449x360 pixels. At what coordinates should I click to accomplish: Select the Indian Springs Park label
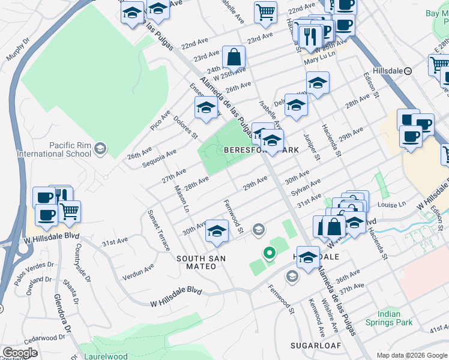(396, 318)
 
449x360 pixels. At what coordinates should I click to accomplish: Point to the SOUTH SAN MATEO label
(196, 262)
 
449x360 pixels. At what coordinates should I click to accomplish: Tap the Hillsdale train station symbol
(408, 70)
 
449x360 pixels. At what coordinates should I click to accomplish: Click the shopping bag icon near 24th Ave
(234, 58)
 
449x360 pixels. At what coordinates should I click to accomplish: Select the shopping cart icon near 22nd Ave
(265, 12)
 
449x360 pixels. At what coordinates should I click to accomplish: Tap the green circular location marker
(270, 253)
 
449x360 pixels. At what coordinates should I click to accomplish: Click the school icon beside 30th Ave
(217, 232)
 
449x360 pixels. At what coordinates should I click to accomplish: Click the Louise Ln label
(393, 204)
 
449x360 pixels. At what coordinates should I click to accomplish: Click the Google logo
(20, 353)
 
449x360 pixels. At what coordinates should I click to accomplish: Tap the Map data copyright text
(411, 355)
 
